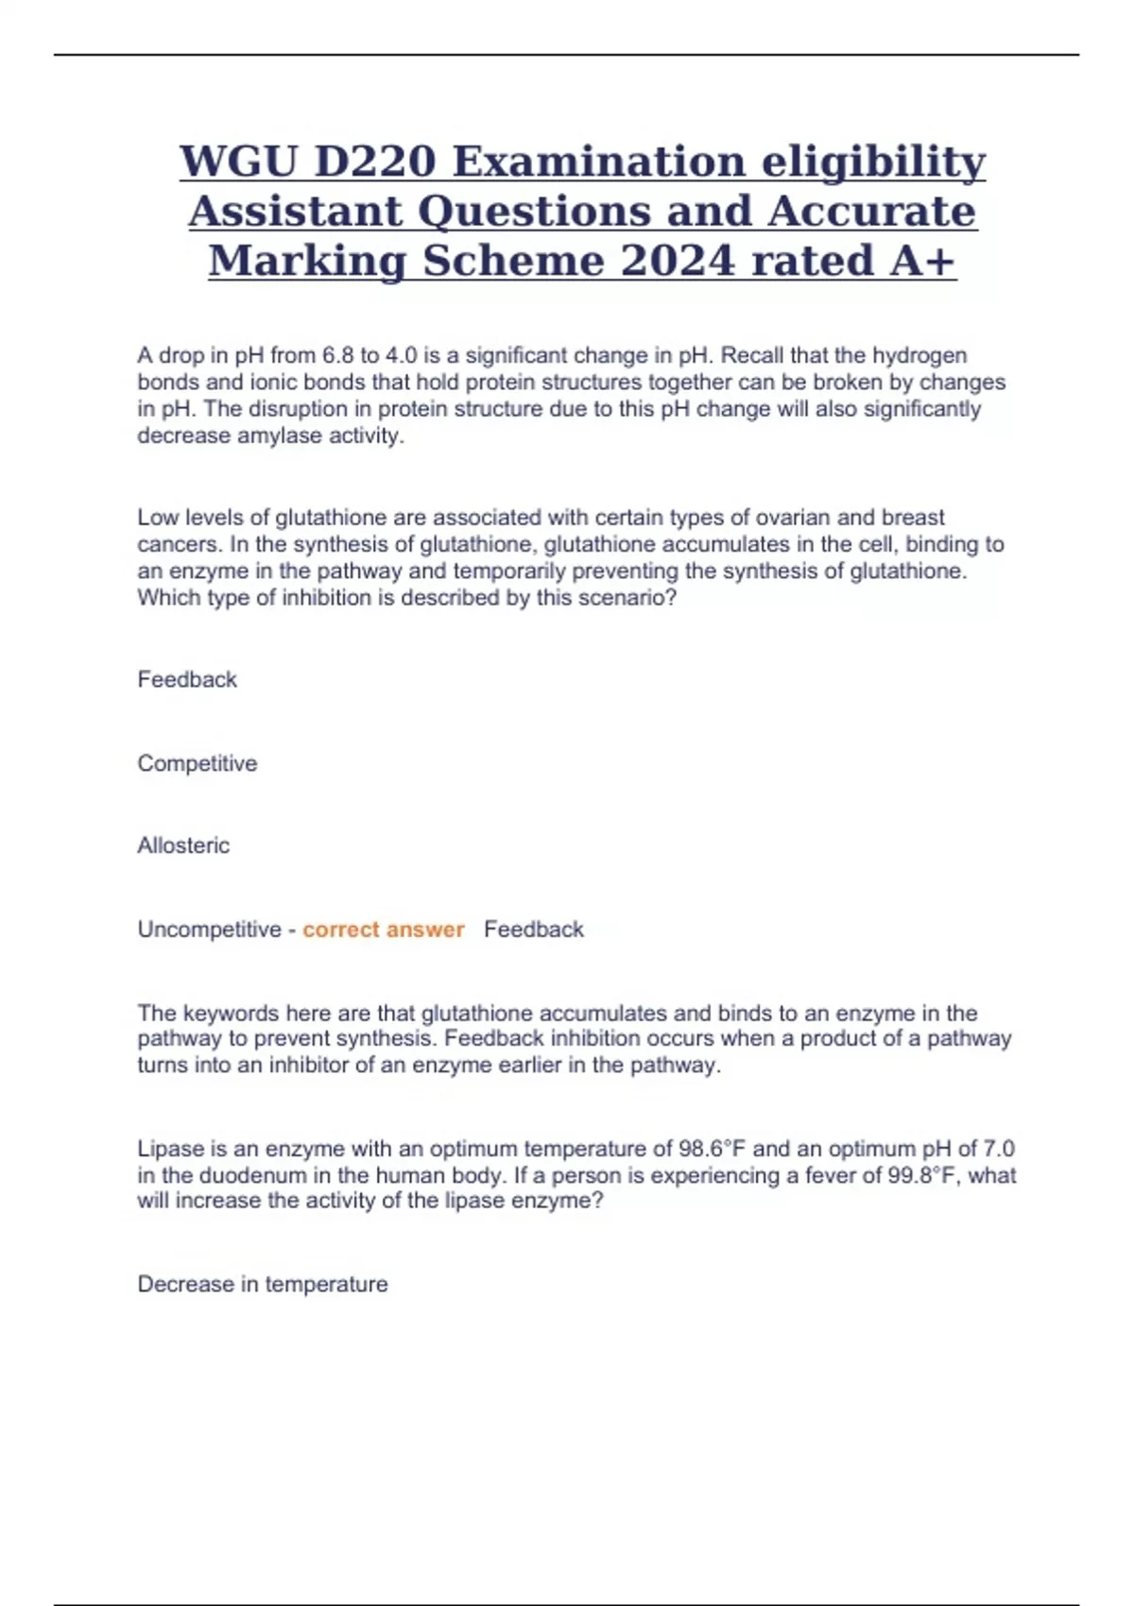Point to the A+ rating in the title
point(922,261)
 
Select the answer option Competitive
point(197,763)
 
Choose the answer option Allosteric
point(183,846)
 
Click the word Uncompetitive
point(209,930)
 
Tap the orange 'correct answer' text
point(383,930)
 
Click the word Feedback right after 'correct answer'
point(533,930)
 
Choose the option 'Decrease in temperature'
point(262,1285)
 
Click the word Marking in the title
point(307,261)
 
